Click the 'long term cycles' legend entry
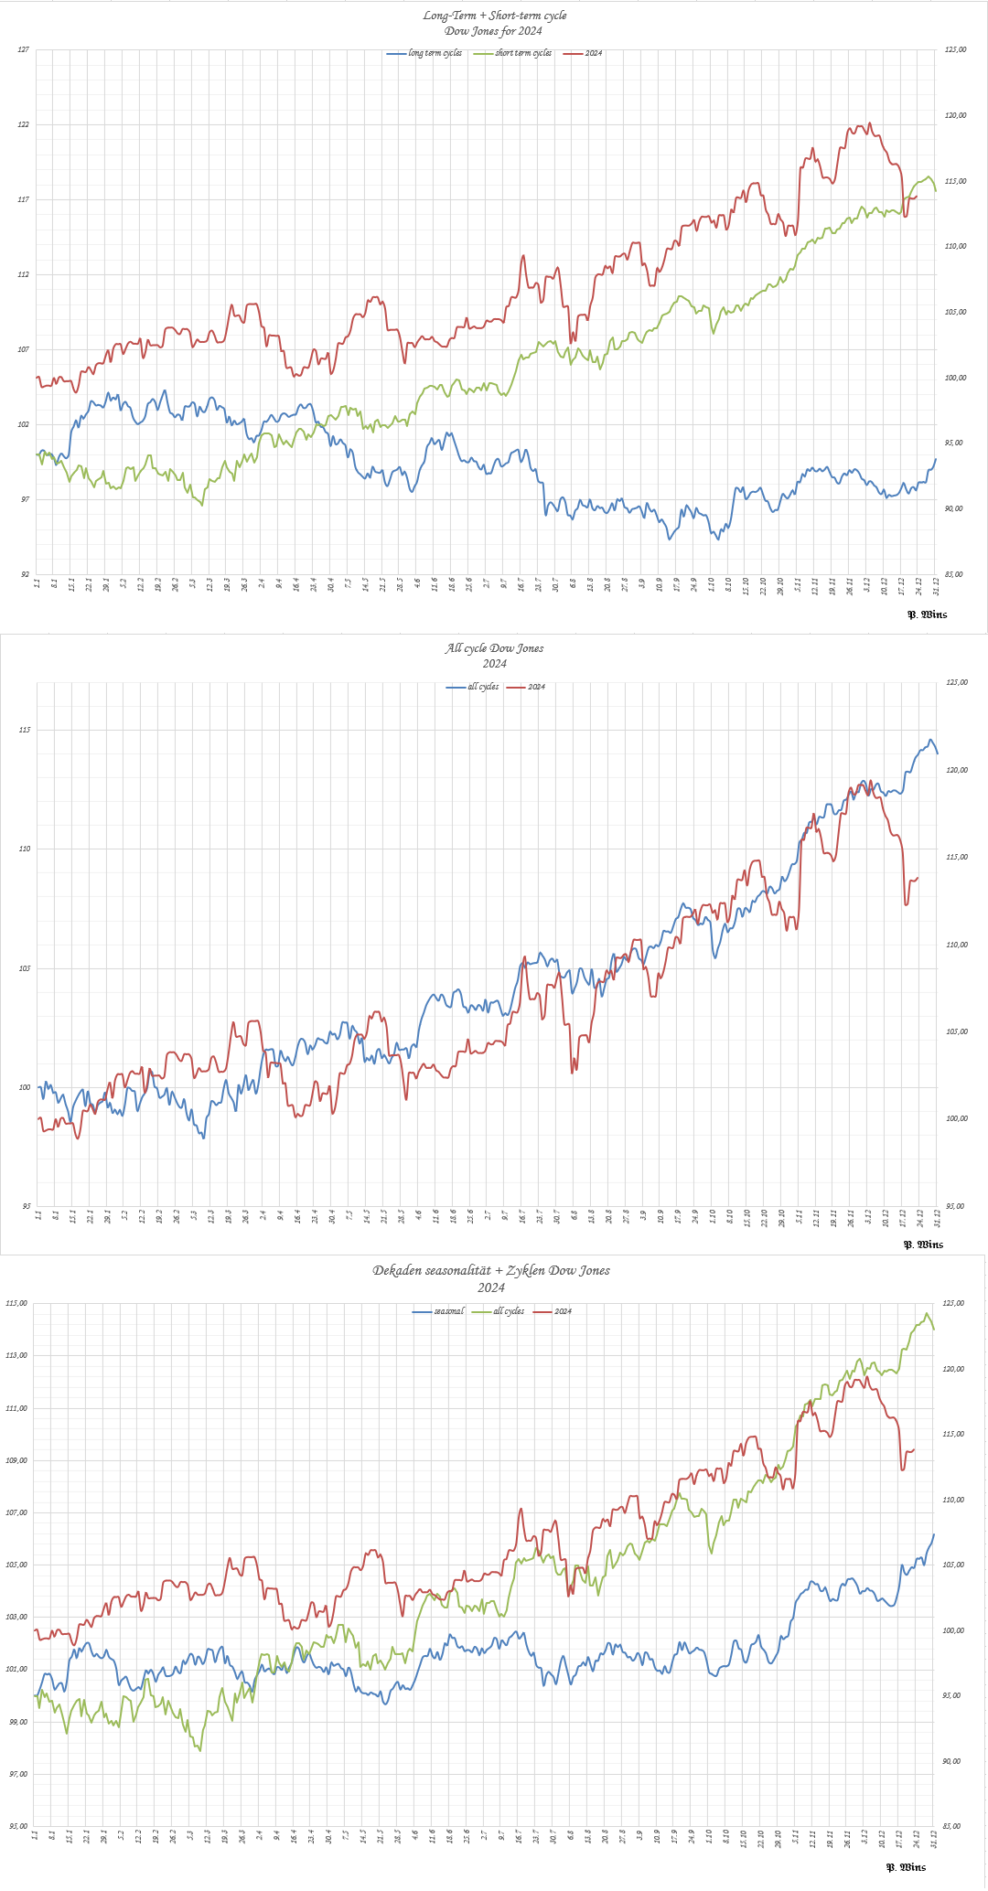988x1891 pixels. tap(435, 53)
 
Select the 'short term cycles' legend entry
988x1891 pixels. tap(523, 53)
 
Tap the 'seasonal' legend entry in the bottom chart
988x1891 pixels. tap(448, 1311)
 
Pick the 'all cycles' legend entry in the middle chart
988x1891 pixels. tap(483, 687)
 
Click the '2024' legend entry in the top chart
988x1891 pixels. tap(593, 53)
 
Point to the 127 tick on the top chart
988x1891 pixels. tap(24, 49)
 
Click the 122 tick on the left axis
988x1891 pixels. tap(24, 124)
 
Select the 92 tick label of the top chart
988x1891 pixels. tap(24, 574)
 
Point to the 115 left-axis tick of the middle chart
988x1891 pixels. tap(23, 730)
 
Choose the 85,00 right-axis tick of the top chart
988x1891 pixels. tap(954, 574)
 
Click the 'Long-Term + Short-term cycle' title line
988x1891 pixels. tap(494, 16)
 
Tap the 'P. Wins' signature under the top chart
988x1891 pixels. tap(927, 614)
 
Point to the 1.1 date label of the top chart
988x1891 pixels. tap(36, 582)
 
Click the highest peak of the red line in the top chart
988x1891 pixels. tap(869, 123)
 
